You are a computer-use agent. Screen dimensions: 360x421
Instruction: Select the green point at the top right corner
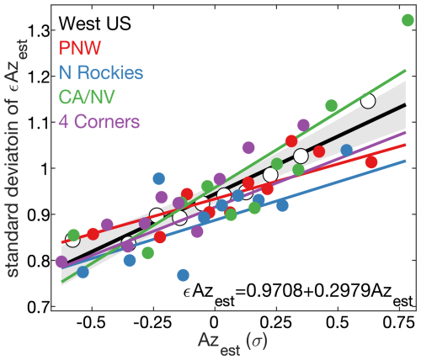click(x=408, y=20)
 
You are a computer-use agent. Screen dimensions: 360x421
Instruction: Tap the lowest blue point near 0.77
click(x=184, y=275)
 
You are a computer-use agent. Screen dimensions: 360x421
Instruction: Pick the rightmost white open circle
click(x=367, y=101)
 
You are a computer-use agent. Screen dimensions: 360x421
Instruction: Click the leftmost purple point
click(x=61, y=262)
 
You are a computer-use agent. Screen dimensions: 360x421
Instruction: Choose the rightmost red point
click(x=371, y=161)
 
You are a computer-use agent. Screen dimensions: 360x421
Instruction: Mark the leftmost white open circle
click(x=73, y=240)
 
